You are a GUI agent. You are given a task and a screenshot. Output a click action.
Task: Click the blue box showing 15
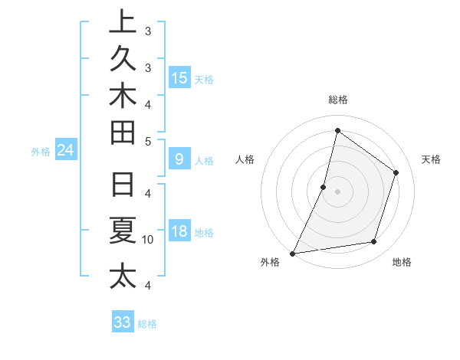tap(179, 78)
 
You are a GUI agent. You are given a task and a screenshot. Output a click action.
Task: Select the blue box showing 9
tap(179, 159)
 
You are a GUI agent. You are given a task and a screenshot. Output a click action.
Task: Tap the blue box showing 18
tap(179, 231)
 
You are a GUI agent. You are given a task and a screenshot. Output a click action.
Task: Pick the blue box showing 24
tap(65, 151)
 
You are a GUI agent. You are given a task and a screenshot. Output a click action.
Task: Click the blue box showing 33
tap(123, 322)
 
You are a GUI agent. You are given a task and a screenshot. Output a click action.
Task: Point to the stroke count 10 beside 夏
tap(148, 240)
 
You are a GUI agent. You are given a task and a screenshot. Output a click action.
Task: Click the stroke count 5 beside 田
tap(148, 141)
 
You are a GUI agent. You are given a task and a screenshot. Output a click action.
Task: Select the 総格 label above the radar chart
tap(338, 100)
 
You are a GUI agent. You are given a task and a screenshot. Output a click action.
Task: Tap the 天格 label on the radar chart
tap(431, 159)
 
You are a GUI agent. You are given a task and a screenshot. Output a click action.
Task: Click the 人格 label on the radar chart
tap(245, 159)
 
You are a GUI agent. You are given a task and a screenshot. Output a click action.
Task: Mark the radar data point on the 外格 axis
tap(292, 253)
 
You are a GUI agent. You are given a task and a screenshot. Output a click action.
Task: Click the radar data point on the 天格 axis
tap(396, 172)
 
